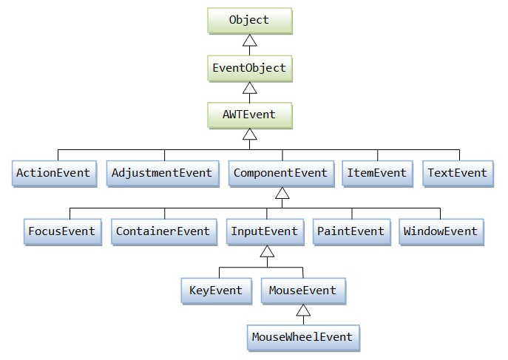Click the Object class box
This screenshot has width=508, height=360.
[249, 21]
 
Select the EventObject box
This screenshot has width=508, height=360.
[249, 68]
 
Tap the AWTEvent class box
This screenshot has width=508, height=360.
[249, 115]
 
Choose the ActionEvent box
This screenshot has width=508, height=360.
[53, 173]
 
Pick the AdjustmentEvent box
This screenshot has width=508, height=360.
[162, 173]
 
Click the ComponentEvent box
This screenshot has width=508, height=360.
[280, 173]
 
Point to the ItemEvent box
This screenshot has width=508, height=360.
[377, 173]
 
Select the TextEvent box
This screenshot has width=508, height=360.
[458, 173]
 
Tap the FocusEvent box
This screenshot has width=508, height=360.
[62, 231]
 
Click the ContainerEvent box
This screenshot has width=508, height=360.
[163, 231]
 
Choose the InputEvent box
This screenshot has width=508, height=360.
[265, 231]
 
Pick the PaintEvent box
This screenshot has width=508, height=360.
[350, 231]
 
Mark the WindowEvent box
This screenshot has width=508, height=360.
[441, 231]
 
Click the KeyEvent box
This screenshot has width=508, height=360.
[216, 291]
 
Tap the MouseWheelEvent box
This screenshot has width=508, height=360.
[303, 337]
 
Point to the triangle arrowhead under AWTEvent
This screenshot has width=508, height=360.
[250, 135]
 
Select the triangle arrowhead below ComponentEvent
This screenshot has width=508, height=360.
[281, 194]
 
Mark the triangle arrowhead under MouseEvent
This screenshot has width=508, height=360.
[302, 310]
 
